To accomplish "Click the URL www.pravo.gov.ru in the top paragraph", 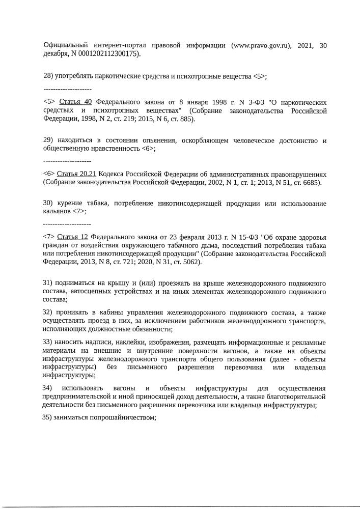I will click(260, 45).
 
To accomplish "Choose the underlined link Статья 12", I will click(73, 237).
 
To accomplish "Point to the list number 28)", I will click(48, 76).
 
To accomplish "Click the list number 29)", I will click(48, 140).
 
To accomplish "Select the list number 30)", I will click(48, 204).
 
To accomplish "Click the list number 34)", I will click(48, 388).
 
